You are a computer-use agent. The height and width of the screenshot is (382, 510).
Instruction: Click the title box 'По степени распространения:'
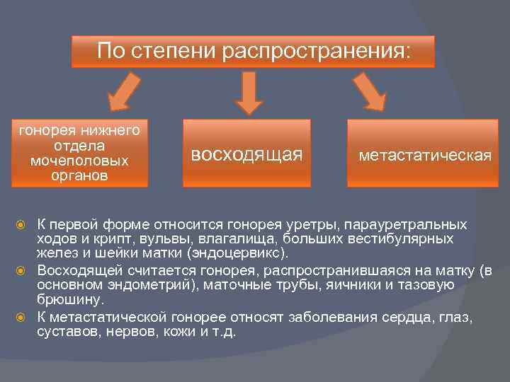[253, 52]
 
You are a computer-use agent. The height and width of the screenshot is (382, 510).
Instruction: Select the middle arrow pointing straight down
[249, 94]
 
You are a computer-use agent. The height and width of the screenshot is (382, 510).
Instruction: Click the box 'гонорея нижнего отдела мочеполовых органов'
[79, 153]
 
